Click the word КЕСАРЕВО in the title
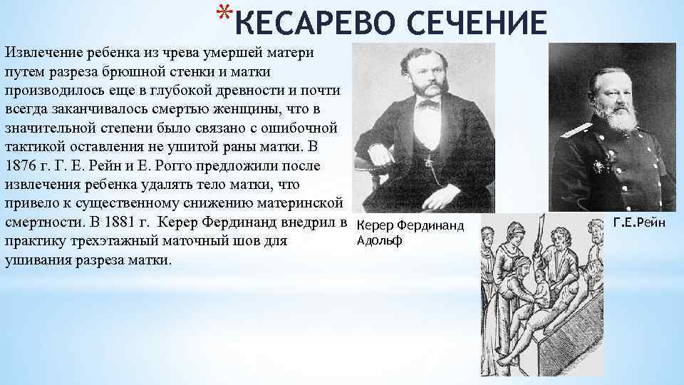(321, 24)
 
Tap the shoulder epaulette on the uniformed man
(576, 130)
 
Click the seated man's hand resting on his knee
(380, 153)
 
